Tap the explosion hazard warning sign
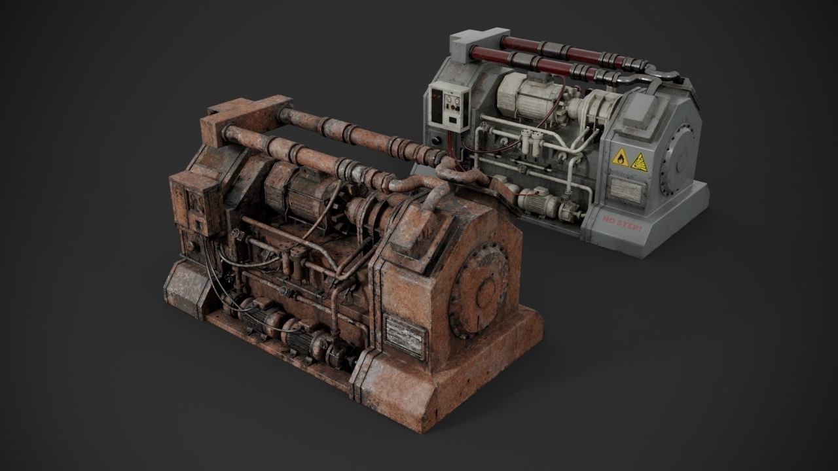(639, 162)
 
